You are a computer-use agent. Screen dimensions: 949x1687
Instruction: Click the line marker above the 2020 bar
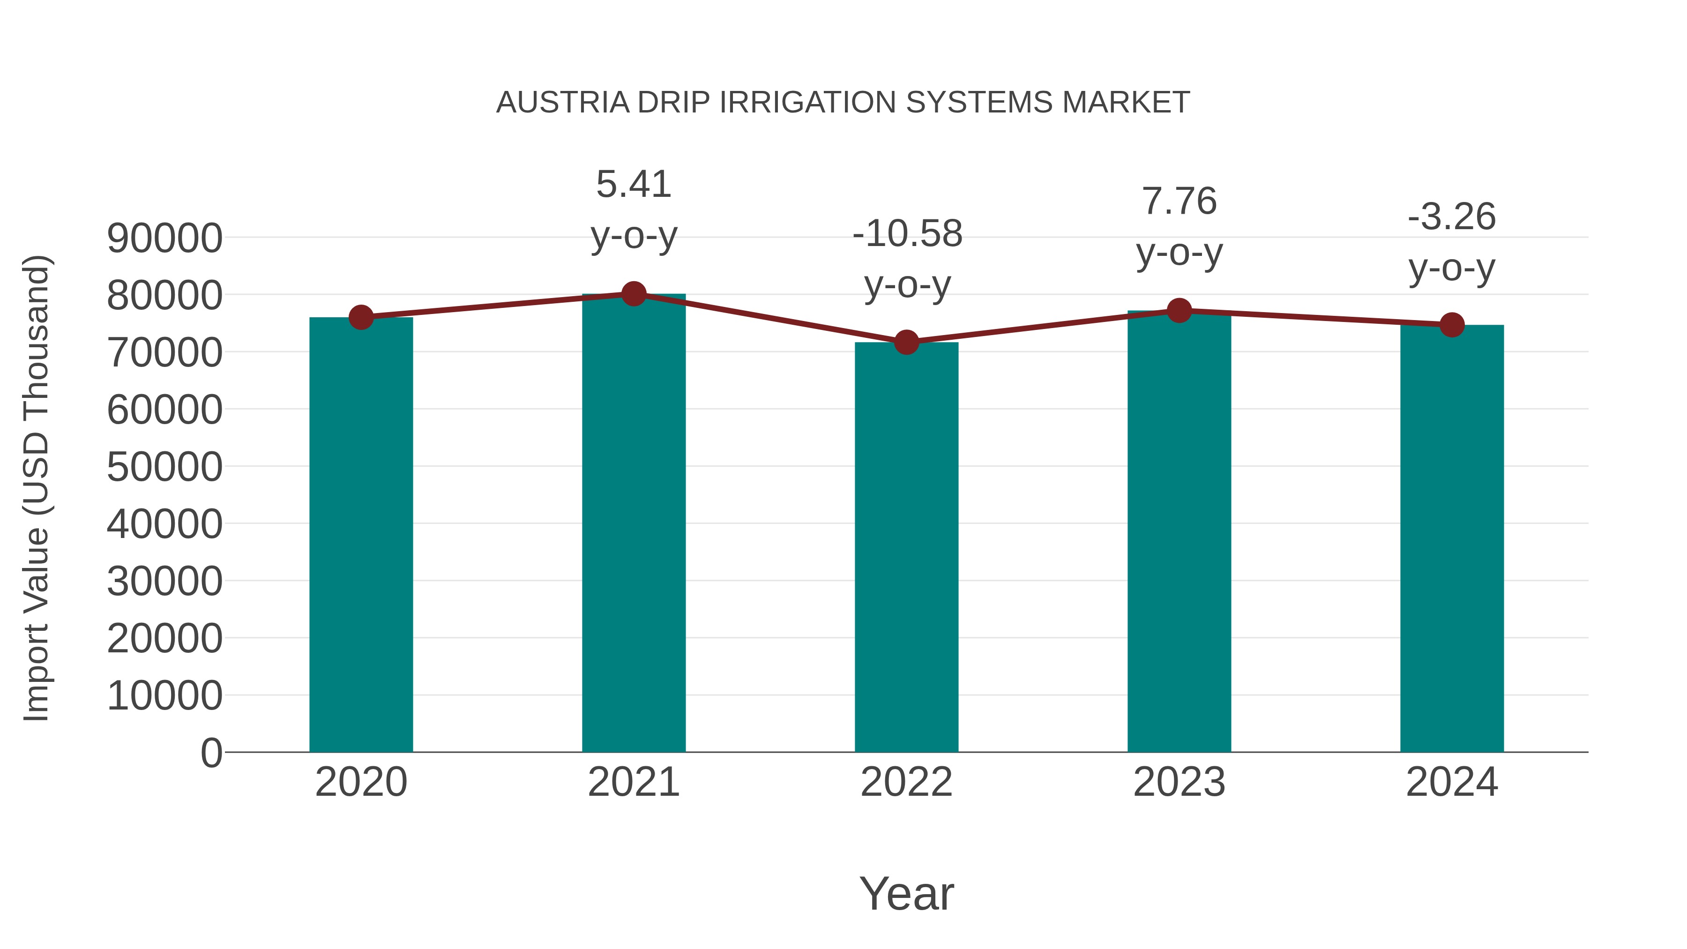(x=361, y=318)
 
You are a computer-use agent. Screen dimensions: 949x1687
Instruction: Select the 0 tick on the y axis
(x=211, y=753)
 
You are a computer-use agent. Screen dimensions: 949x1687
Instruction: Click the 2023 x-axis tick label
(x=1179, y=782)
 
